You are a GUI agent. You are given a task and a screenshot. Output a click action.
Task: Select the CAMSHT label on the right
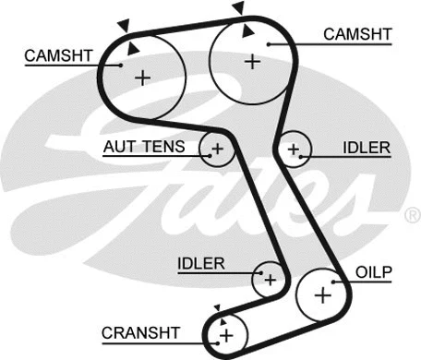[356, 33]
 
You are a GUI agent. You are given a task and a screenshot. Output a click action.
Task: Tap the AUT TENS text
[143, 147]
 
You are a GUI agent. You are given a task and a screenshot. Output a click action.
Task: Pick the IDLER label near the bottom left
[200, 264]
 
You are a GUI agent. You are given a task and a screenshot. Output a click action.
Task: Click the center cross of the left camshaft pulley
[142, 78]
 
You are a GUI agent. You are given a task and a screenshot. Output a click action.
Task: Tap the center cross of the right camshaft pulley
[252, 61]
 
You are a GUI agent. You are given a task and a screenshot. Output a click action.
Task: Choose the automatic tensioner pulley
[217, 148]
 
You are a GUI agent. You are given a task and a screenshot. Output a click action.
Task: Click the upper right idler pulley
[295, 148]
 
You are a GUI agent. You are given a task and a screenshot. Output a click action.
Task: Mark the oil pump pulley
[322, 294]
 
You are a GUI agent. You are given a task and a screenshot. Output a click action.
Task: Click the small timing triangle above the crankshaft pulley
[218, 307]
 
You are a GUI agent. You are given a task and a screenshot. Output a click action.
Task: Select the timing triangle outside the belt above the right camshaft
[238, 7]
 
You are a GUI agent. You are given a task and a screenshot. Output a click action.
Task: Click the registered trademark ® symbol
[411, 215]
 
